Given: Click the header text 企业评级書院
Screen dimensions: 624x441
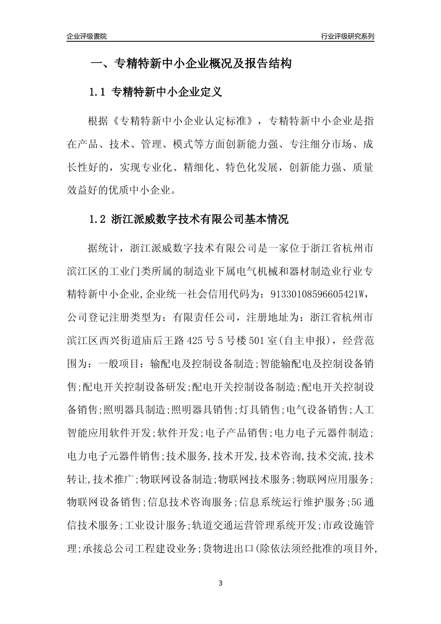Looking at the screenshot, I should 87,36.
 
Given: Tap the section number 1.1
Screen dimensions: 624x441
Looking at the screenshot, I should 98,92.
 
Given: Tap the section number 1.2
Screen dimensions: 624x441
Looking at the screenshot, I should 98,219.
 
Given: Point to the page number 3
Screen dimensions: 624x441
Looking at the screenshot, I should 220,583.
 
